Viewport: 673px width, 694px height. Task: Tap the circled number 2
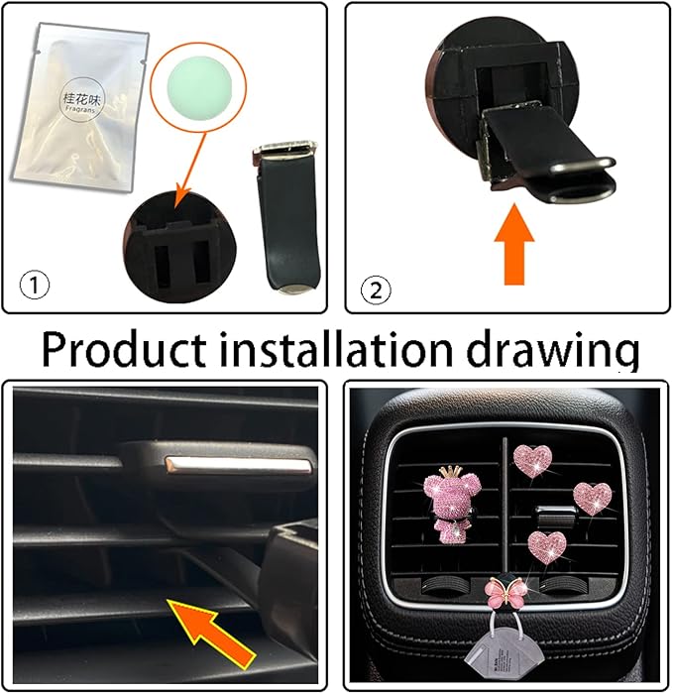[x=378, y=289]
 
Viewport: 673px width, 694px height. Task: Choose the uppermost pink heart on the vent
[x=533, y=461]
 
